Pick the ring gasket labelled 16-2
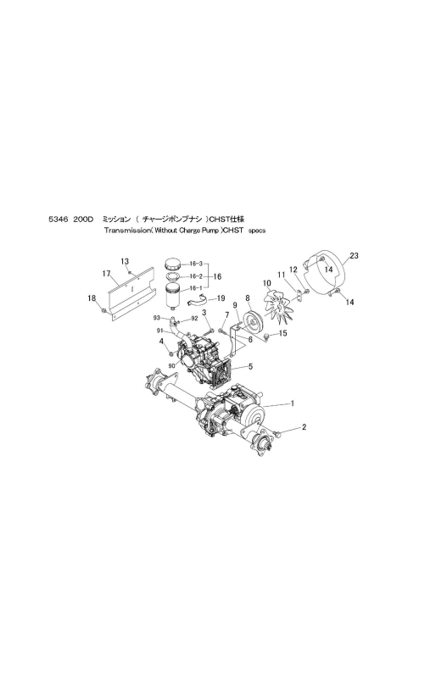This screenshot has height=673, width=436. (x=175, y=276)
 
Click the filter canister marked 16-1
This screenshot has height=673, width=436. (x=175, y=296)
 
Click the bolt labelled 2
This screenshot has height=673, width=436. (x=278, y=434)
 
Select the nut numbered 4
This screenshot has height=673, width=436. (x=170, y=353)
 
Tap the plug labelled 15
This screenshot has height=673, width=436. (x=266, y=336)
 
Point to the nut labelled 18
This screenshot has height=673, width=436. (x=103, y=310)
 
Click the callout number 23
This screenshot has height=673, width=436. (x=354, y=256)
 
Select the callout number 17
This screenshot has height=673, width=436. (x=107, y=273)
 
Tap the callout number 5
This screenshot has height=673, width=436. (x=250, y=366)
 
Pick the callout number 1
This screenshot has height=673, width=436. (x=293, y=403)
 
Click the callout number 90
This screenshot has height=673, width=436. (x=172, y=365)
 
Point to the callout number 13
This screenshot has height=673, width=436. (x=125, y=261)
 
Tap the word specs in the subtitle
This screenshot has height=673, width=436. (x=257, y=231)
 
